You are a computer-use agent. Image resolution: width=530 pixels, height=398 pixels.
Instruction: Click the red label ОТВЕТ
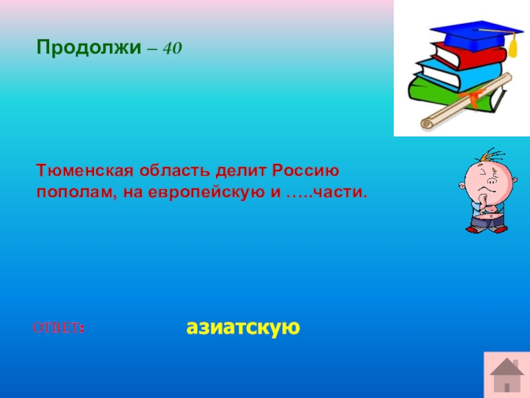click(58, 328)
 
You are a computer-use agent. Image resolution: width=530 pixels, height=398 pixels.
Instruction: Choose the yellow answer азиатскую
click(243, 327)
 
